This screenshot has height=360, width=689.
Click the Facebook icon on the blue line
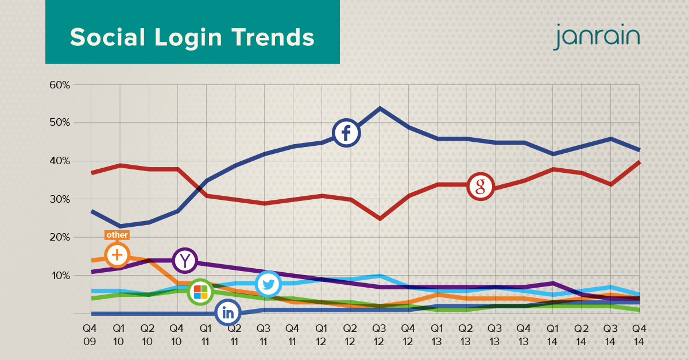346,133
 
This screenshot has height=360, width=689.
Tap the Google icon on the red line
481,186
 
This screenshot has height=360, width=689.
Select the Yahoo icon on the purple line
184,260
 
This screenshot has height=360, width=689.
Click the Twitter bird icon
268,284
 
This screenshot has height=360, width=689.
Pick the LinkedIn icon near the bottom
228,312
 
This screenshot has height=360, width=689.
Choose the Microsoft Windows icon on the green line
200,292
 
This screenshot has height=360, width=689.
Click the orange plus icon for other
117,254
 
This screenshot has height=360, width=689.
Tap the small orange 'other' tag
117,235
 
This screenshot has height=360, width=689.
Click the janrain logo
597,37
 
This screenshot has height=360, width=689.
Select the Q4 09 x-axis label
90,334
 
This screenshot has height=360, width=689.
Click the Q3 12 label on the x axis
379,334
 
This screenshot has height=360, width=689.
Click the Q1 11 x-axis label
206,334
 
